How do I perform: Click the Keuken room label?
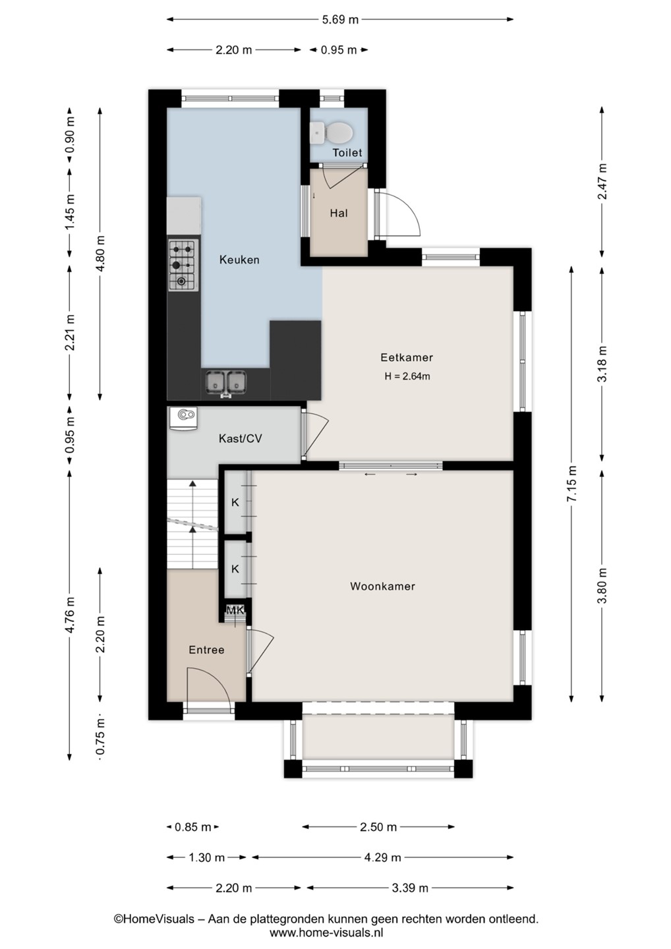239,260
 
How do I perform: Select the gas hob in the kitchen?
182,265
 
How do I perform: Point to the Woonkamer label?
382,587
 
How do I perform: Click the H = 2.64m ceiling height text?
407,376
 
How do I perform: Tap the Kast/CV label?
240,438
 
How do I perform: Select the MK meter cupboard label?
235,610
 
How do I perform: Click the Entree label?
206,650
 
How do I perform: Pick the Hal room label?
339,213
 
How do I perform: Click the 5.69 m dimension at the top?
339,20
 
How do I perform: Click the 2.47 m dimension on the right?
602,181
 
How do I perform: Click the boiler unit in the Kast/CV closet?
183,418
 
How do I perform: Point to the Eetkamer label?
407,358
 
